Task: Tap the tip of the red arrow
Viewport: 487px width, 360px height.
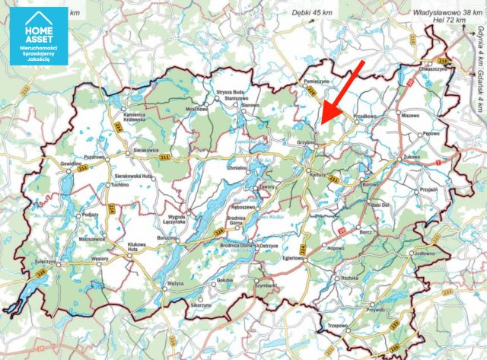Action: click(x=320, y=123)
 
